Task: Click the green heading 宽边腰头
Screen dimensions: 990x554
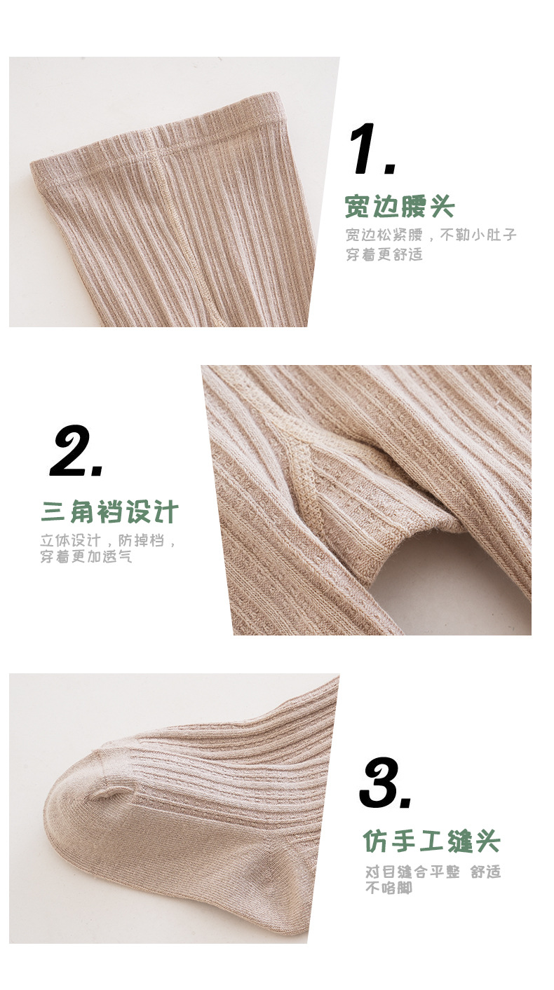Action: click(x=400, y=207)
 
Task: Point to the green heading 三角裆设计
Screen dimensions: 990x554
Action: click(x=110, y=512)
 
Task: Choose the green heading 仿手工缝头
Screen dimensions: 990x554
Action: click(x=431, y=841)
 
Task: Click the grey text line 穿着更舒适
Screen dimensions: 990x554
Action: click(x=384, y=254)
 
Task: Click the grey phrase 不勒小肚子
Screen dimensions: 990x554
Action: click(x=478, y=235)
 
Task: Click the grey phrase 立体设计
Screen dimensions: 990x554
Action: click(x=71, y=541)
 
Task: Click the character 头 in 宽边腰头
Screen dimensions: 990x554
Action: click(x=442, y=207)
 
